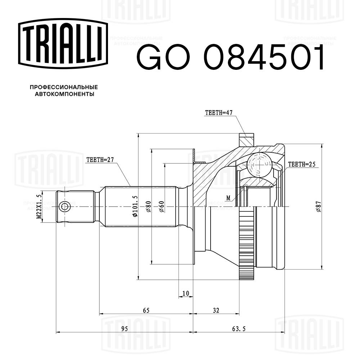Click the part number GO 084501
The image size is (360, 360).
(x=230, y=58)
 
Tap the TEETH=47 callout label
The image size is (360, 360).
(x=219, y=113)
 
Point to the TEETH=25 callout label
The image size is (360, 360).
(x=302, y=165)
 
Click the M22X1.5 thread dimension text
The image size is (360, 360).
(x=39, y=207)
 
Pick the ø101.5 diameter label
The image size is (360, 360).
(x=135, y=206)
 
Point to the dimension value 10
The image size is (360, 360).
(x=185, y=294)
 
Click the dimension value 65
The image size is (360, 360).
(x=146, y=310)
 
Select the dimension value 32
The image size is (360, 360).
(x=216, y=310)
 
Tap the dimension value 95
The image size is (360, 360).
(x=124, y=329)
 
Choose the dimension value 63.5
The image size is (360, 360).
(x=238, y=329)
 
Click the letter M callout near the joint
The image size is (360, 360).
(x=228, y=197)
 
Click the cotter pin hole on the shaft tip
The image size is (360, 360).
(x=65, y=207)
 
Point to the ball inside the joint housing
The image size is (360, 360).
(x=259, y=164)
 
